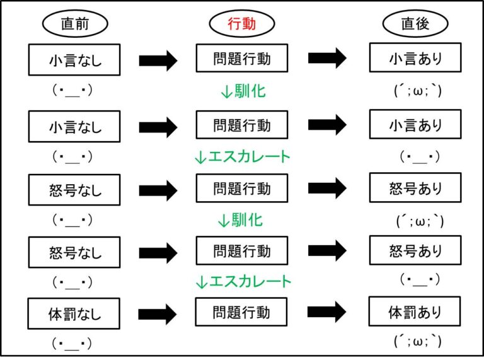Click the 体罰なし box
tap(74, 313)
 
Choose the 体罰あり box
tap(415, 311)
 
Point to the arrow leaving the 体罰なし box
tap(158, 315)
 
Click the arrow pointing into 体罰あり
tap(326, 312)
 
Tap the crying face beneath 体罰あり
tap(418, 342)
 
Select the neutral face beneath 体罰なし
tap(72, 344)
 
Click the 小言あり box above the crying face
tap(415, 57)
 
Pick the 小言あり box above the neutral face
tap(415, 124)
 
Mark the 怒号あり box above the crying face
tap(415, 188)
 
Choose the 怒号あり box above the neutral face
tap(415, 250)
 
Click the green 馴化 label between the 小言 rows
tap(243, 91)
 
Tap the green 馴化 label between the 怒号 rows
tap(241, 220)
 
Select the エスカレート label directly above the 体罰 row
tap(243, 281)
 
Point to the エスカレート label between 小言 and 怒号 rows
tap(242, 156)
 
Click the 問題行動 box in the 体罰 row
tap(241, 312)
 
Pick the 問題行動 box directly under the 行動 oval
tap(242, 58)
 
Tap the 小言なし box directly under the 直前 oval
tap(74, 60)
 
